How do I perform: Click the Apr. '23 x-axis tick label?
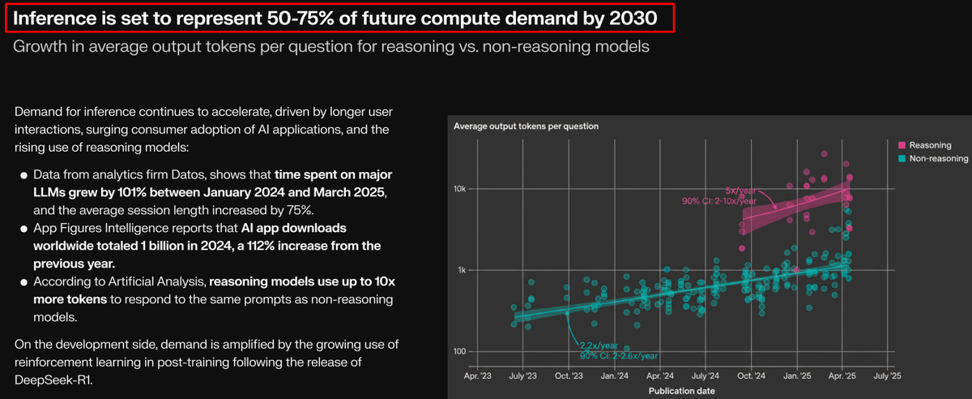[477, 376]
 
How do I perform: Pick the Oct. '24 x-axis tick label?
[752, 376]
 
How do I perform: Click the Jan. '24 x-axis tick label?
[614, 376]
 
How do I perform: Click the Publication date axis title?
[682, 390]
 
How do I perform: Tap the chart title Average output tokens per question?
[526, 126]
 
